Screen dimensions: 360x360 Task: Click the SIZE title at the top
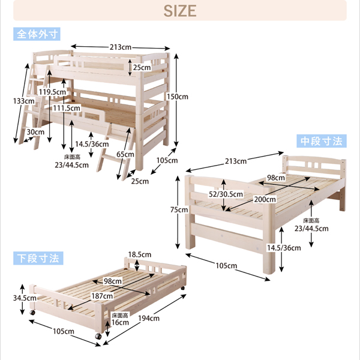(180, 11)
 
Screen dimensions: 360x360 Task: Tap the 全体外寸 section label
(37, 34)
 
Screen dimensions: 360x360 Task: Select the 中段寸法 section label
(322, 141)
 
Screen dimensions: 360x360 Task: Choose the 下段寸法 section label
(38, 258)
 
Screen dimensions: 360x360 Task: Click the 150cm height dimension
(177, 97)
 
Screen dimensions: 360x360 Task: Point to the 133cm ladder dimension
(24, 101)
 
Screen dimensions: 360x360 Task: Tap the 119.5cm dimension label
(52, 92)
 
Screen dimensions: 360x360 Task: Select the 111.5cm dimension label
(67, 108)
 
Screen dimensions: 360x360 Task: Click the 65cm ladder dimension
(125, 154)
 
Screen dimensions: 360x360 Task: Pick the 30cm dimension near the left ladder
(35, 132)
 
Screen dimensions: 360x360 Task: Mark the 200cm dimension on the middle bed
(265, 199)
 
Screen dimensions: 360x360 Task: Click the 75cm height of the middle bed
(179, 209)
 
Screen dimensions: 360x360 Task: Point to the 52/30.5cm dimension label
(226, 194)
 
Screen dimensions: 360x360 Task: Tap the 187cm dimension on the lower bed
(102, 296)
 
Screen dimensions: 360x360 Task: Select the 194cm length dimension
(149, 318)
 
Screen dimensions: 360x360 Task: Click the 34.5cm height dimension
(25, 298)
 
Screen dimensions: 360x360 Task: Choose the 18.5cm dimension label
(140, 254)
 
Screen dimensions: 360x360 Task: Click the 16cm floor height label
(120, 322)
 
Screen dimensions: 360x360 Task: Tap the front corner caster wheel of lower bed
(98, 337)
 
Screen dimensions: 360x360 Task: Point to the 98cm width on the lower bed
(113, 281)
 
